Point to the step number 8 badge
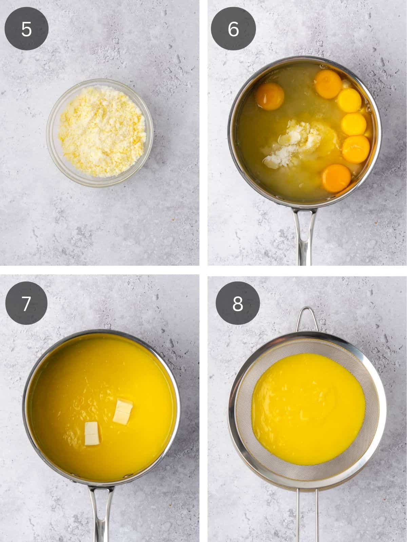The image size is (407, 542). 238,304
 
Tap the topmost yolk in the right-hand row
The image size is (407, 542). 328,83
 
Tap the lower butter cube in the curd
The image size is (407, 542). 91,433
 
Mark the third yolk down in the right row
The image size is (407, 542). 354,124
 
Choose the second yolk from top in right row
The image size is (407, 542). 349,101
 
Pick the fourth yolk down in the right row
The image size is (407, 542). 356,149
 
